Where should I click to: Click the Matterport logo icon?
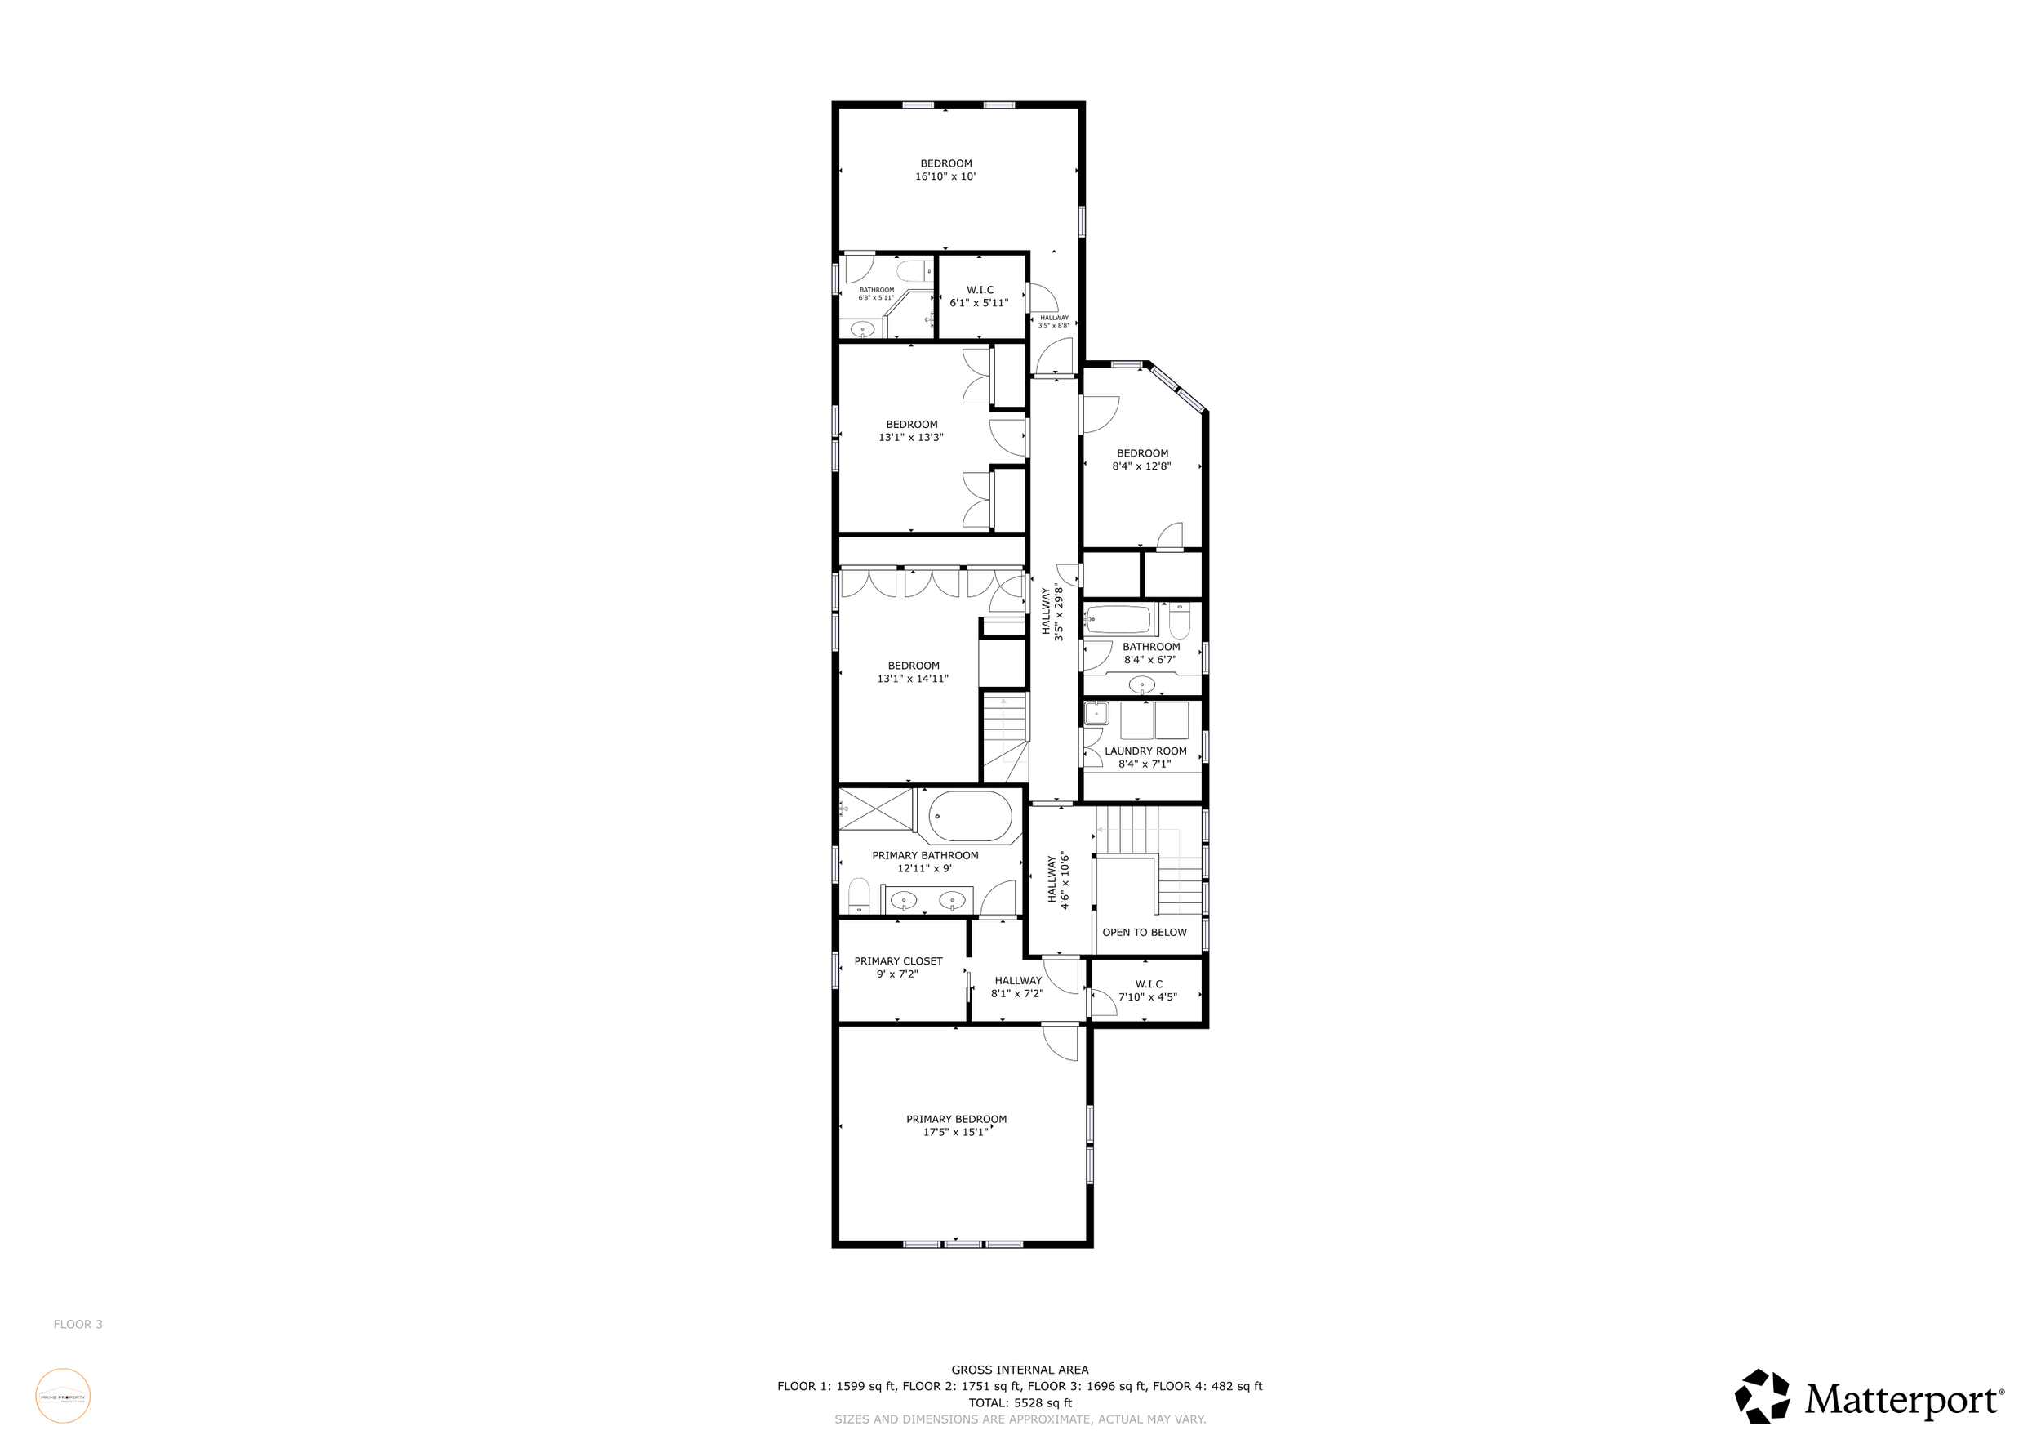[1762, 1396]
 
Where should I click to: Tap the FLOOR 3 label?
[78, 1324]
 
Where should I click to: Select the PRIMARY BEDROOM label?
[956, 1119]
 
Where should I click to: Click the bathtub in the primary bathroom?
[970, 815]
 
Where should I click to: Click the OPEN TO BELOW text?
[1144, 932]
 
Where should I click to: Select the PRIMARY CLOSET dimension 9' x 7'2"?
[897, 974]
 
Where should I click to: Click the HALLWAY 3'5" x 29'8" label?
[1052, 612]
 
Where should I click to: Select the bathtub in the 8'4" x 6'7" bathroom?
[1118, 619]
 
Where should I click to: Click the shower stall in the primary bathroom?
[877, 809]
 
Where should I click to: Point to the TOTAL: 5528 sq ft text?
[1020, 1402]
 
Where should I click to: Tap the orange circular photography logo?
[62, 1396]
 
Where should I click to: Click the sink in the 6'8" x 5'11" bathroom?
[861, 330]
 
